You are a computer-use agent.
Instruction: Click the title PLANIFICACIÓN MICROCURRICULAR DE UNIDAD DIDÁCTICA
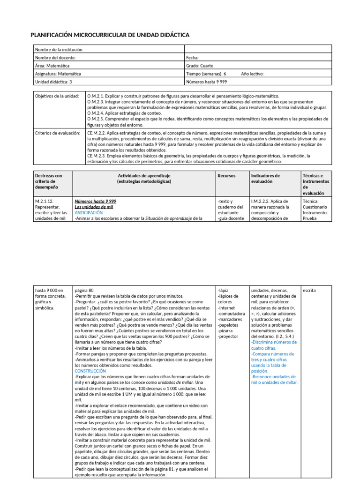tap(110, 35)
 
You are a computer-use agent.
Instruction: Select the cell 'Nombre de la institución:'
tap(60, 50)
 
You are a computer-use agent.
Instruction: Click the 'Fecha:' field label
tap(193, 58)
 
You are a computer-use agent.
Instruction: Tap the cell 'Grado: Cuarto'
tap(200, 66)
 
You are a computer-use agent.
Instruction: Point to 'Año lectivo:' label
tap(252, 74)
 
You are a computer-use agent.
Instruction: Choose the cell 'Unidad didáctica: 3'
tap(54, 82)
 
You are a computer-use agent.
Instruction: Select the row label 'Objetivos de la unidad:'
tap(57, 96)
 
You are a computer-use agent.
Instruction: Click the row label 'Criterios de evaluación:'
tap(57, 133)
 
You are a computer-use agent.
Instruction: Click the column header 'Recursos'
tap(226, 175)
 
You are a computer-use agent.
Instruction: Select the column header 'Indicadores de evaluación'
tap(265, 178)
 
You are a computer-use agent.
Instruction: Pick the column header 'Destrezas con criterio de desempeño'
tap(48, 181)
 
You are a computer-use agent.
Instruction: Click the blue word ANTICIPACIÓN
tap(89, 212)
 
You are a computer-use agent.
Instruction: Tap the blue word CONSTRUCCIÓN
tap(90, 371)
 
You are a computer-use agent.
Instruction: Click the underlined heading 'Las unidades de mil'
tap(94, 207)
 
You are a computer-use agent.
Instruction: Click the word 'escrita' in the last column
tap(309, 291)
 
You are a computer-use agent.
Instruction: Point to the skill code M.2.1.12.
tap(45, 201)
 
